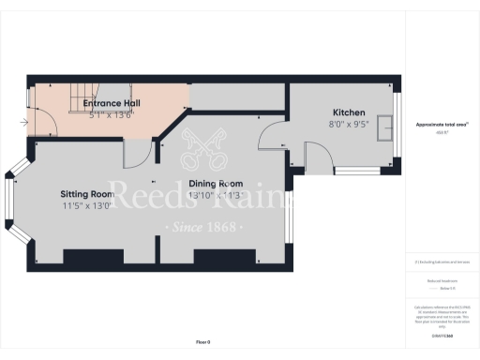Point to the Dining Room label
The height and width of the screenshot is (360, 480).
216,184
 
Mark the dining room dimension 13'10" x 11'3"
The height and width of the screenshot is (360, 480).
216,195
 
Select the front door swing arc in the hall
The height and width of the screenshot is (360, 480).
42,117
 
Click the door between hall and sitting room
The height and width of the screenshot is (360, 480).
135,152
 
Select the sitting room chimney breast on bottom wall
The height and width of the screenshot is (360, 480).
87,256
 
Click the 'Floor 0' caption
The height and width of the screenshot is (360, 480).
202,342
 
